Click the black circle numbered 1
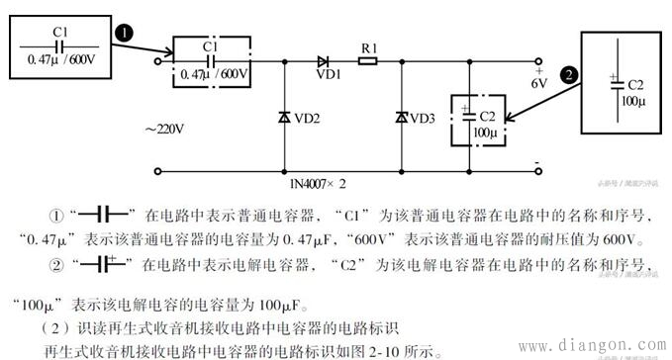pyautogui.click(x=123, y=34)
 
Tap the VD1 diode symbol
pyautogui.click(x=323, y=60)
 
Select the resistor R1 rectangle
pyautogui.click(x=367, y=60)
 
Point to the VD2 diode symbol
pyautogui.click(x=284, y=118)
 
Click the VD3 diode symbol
pyautogui.click(x=402, y=118)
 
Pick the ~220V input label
pyautogui.click(x=166, y=129)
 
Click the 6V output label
pyautogui.click(x=538, y=83)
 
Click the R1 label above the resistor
pyautogui.click(x=367, y=45)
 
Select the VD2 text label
pyautogui.click(x=307, y=118)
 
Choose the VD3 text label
pyautogui.click(x=423, y=118)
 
